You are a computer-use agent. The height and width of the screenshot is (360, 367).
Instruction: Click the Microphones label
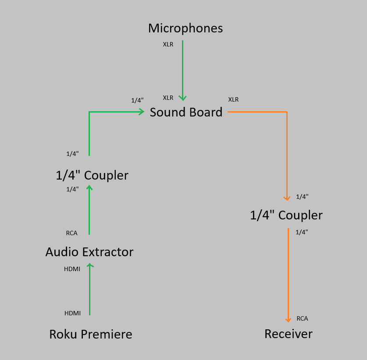[x=185, y=28]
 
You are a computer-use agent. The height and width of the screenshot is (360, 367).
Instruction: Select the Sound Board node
[x=186, y=113]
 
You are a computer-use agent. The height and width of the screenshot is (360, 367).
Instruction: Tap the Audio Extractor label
[x=89, y=252]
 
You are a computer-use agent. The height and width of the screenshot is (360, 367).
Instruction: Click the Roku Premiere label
[x=91, y=335]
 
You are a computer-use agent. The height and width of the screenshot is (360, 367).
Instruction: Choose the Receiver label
[x=289, y=334]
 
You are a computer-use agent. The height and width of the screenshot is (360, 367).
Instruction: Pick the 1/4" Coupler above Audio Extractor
[x=92, y=176]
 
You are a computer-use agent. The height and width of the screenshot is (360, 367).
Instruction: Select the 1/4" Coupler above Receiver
[x=286, y=215]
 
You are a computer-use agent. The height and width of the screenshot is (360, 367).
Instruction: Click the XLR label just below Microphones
[x=168, y=44]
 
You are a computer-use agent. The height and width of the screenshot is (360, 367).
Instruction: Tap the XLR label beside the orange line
[x=233, y=99]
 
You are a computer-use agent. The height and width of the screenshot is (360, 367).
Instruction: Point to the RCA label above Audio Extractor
[x=71, y=233]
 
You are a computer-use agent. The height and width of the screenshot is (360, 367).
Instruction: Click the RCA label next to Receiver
[x=302, y=318]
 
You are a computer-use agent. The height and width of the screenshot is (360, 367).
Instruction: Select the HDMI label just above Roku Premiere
[x=72, y=313]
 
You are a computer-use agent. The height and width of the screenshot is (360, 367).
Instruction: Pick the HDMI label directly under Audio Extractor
[x=72, y=269]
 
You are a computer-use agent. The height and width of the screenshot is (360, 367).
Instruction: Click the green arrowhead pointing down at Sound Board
[x=183, y=99]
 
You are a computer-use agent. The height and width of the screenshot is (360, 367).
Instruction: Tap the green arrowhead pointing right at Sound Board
[x=142, y=112]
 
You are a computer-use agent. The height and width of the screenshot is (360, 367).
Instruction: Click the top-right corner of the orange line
[x=287, y=112]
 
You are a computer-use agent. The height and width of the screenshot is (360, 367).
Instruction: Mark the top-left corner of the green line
[x=89, y=112]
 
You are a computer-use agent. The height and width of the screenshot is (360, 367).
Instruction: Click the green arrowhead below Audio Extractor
[x=89, y=265]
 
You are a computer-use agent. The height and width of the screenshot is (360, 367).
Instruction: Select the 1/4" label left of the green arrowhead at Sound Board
[x=137, y=100]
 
